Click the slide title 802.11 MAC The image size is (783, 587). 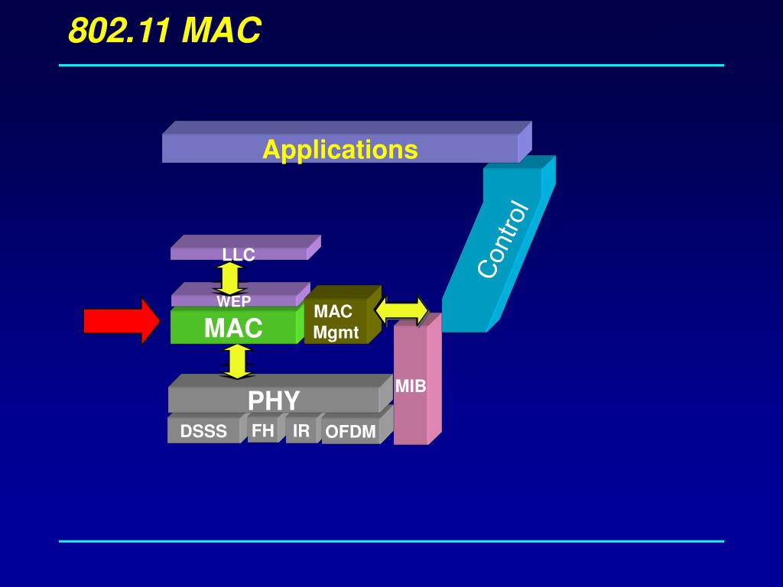coord(164,31)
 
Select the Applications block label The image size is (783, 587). coord(340,149)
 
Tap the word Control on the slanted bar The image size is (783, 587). coord(502,239)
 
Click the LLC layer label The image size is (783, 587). coord(239,255)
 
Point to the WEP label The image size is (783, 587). coord(233,301)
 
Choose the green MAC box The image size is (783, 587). coord(233,328)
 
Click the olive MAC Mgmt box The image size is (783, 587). coord(336,322)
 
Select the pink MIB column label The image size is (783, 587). coord(411,387)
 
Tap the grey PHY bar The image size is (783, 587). coord(274,400)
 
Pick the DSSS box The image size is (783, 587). coord(203,431)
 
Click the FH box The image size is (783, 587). coord(262,430)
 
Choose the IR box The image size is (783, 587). coord(301,430)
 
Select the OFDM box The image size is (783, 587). coord(350,432)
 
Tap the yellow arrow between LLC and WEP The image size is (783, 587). coord(229,278)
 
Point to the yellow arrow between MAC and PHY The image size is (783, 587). coord(237,362)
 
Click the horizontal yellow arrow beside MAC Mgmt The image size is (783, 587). coord(401,310)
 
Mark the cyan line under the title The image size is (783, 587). coord(391,66)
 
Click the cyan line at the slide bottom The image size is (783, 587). coord(391,541)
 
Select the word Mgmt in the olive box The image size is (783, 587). coord(336,333)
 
